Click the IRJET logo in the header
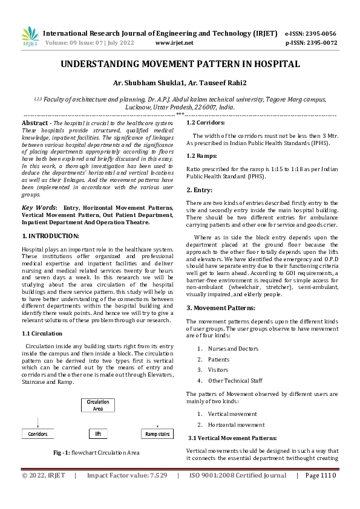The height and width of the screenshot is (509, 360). tap(30, 37)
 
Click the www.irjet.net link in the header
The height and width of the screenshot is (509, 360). tap(174, 43)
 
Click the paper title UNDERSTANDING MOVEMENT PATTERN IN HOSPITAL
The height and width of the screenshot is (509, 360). tap(180, 63)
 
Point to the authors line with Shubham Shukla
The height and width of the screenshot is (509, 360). tap(180, 83)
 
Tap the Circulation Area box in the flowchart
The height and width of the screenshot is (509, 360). tap(98, 405)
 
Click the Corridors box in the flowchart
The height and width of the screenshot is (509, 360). tap(38, 434)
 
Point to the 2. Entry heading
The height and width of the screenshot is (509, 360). tap(198, 190)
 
